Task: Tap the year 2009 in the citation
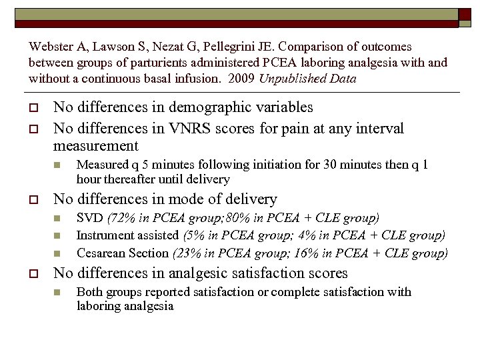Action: [x=239, y=79]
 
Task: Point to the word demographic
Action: [x=219, y=107]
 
